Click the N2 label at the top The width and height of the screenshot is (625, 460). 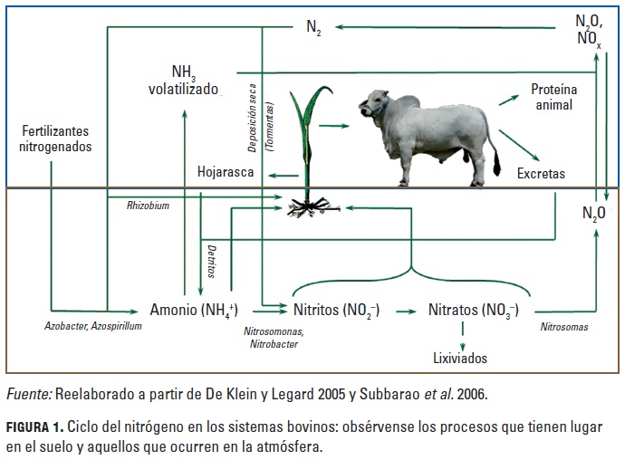click(313, 27)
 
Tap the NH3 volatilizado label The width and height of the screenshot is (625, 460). click(183, 81)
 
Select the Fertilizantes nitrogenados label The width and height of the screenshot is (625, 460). click(55, 139)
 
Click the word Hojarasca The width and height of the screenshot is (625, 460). click(226, 172)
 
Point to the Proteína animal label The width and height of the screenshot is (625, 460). click(553, 97)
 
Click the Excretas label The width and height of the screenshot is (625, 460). click(541, 173)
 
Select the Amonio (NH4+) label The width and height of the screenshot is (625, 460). click(194, 310)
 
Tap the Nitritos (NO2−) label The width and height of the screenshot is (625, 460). click(336, 310)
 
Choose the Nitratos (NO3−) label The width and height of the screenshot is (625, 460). click(474, 310)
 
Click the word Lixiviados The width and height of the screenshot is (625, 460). click(460, 358)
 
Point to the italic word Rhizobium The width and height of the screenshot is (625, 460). click(148, 206)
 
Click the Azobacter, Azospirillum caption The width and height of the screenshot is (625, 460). click(93, 326)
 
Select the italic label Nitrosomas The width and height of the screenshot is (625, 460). click(564, 327)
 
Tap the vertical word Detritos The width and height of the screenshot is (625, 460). click(212, 262)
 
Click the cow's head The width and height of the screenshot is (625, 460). click(373, 103)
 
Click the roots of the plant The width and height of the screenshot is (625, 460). click(312, 207)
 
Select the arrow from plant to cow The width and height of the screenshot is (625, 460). click(333, 126)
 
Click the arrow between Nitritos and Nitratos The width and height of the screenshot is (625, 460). click(406, 311)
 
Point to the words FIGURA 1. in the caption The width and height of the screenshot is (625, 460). click(34, 427)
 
